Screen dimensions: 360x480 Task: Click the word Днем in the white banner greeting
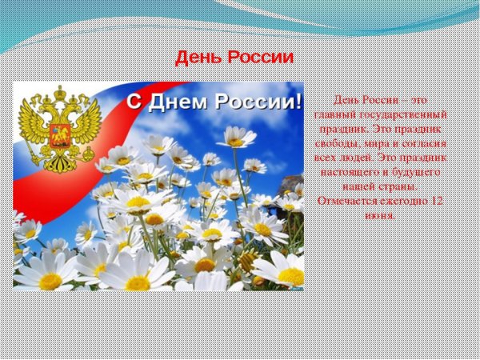pos(186,102)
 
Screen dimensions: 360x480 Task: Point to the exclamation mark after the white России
pos(299,102)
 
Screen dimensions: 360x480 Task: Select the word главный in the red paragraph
pos(330,115)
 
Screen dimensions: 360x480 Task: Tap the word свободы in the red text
pos(336,144)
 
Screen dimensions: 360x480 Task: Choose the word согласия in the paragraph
pos(422,144)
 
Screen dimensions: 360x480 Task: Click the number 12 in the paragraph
pos(436,202)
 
